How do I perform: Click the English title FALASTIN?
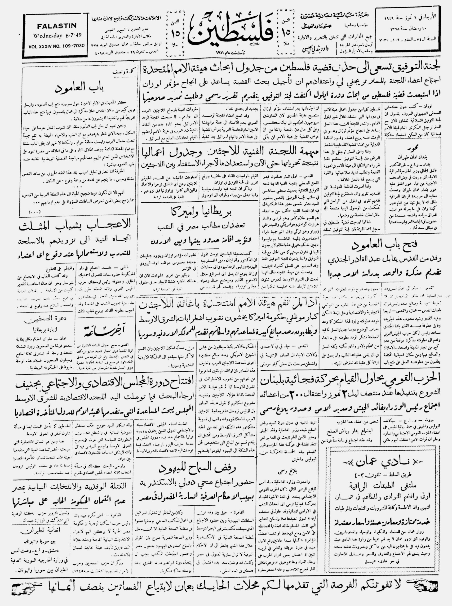pyautogui.click(x=57, y=26)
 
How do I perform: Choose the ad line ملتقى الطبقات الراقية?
pyautogui.click(x=386, y=486)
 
